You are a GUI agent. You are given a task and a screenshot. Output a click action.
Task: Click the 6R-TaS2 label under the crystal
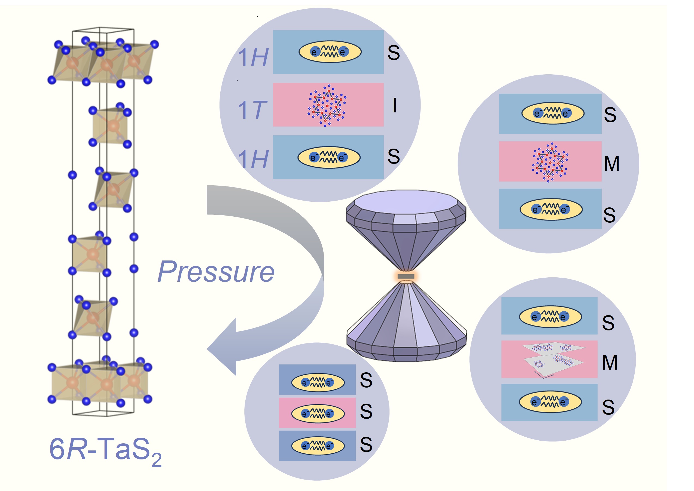pos(104,450)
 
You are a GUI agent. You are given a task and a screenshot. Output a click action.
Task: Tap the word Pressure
pos(216,272)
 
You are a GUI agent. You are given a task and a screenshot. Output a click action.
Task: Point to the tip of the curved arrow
pos(209,349)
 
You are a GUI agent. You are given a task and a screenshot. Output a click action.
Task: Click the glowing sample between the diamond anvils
pos(406,276)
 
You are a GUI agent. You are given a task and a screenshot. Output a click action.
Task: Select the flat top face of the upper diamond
pos(406,202)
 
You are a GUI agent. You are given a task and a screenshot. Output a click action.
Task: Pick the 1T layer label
pos(252,109)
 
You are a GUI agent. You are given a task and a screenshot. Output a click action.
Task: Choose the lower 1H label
pos(253,159)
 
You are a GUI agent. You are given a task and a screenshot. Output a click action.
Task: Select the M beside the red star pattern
pos(611,164)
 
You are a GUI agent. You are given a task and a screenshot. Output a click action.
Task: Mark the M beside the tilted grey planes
pos(610,362)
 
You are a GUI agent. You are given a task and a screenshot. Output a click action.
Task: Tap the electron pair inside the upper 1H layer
pos(330,52)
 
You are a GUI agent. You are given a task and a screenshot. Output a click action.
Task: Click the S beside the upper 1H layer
pos(394,53)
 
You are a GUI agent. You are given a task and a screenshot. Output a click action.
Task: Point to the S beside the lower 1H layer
pos(394,156)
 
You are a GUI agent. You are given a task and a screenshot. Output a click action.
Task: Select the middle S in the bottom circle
pos(366,412)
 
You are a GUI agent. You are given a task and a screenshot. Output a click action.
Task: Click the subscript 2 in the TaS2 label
pos(156,460)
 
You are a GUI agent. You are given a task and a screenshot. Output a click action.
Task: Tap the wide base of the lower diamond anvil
pos(406,351)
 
